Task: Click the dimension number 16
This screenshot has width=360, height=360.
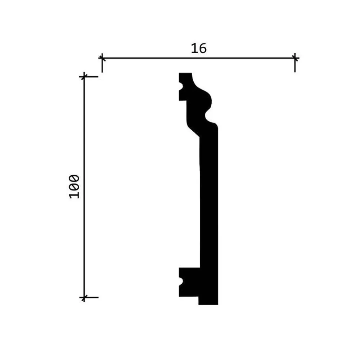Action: click(x=199, y=49)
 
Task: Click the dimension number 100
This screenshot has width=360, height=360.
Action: click(x=74, y=186)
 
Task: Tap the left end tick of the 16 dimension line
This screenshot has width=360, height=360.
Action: click(x=102, y=58)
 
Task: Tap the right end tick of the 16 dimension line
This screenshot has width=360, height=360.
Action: click(x=295, y=58)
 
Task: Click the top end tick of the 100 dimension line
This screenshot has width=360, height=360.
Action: click(x=84, y=76)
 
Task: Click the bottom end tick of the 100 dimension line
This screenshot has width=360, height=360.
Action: click(x=84, y=298)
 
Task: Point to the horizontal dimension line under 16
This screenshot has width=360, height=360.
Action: click(x=199, y=58)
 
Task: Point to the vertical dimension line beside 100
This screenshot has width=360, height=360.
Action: click(x=84, y=187)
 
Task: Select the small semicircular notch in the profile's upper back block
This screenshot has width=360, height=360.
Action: click(x=181, y=86)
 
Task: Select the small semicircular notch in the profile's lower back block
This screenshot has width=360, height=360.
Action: click(x=181, y=281)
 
